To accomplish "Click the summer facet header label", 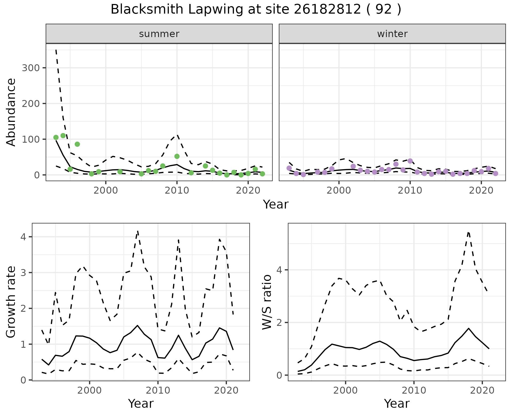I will coord(159,34).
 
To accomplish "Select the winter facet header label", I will coord(392,34).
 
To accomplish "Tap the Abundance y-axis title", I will coord(11,112).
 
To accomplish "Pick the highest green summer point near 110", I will coord(63,136).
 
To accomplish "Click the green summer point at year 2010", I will coord(177,156).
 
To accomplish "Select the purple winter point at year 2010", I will coord(410,161).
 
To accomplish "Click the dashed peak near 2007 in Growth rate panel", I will coord(138,231).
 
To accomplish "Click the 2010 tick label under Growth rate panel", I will coord(158,391).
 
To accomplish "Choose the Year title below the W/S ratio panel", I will coord(397,404).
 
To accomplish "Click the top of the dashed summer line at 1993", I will coord(56,50).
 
